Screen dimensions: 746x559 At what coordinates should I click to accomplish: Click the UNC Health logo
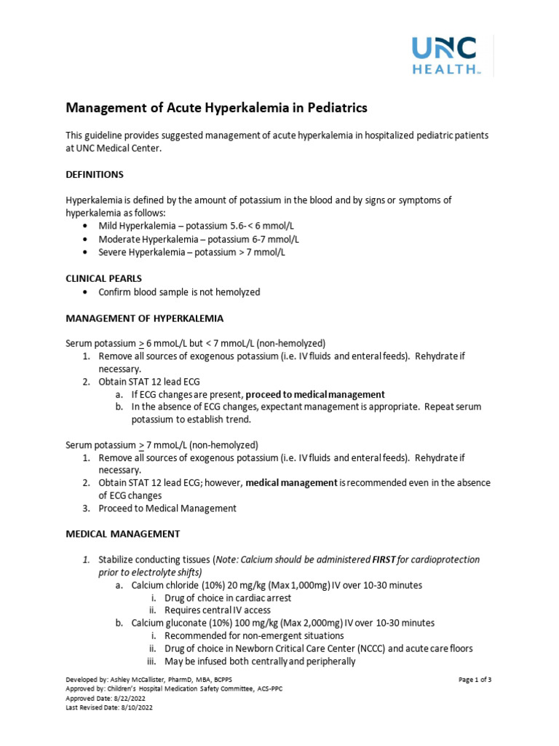(445, 55)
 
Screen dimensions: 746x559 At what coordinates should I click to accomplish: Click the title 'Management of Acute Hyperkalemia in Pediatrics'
(217, 108)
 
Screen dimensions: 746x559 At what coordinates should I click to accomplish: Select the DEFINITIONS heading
(95, 174)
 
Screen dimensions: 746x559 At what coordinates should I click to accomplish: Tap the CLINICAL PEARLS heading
(103, 278)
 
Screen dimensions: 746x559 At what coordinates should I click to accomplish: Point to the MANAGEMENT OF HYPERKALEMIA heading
(145, 318)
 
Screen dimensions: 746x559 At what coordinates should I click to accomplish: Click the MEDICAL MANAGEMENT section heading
(123, 533)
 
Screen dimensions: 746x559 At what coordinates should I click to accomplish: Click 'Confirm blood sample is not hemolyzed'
(179, 292)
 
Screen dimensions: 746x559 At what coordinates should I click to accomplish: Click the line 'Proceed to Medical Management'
(167, 508)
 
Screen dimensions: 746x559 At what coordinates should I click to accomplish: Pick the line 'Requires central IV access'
(218, 610)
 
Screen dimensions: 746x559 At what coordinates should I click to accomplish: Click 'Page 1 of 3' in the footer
(475, 680)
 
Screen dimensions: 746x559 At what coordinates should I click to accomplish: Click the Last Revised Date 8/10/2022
(132, 707)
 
